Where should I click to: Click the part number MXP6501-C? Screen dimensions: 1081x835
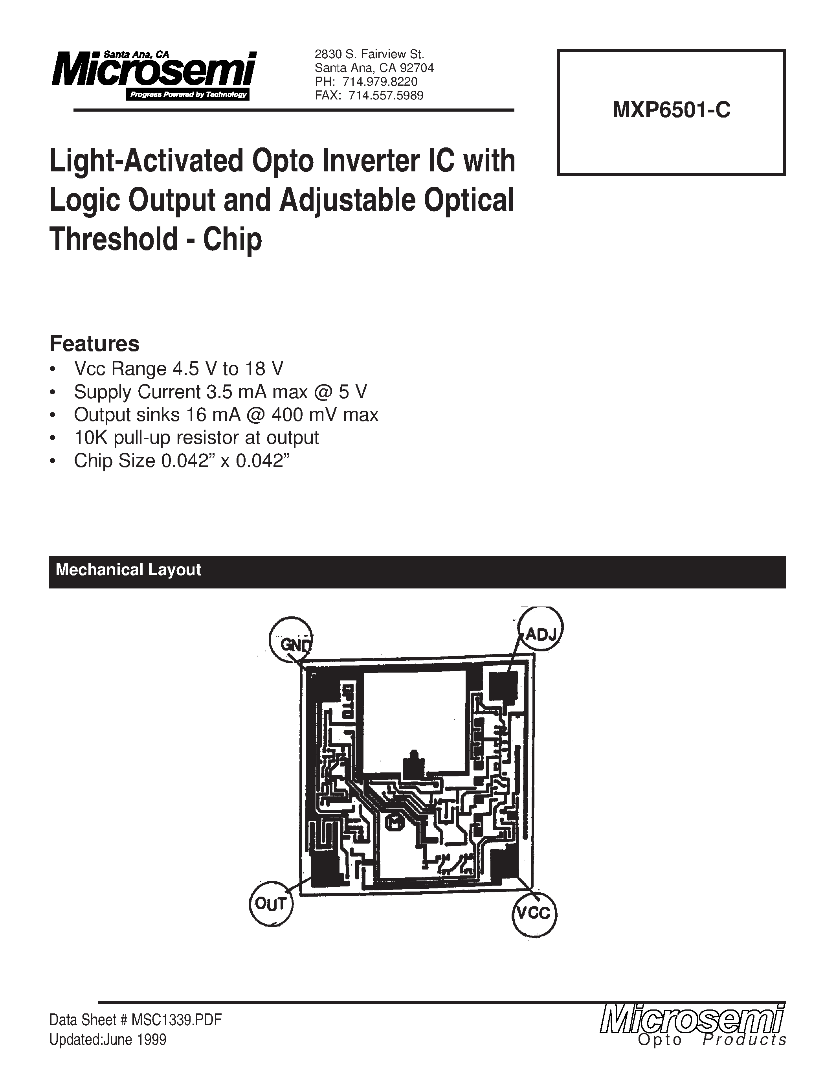pyautogui.click(x=671, y=110)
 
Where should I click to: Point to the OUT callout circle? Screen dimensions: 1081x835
pyautogui.click(x=271, y=904)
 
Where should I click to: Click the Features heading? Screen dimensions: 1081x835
pyautogui.click(x=94, y=344)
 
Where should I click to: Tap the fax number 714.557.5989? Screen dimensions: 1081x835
pyautogui.click(x=386, y=96)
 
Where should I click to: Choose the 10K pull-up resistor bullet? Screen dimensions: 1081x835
pyautogui.click(x=196, y=438)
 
